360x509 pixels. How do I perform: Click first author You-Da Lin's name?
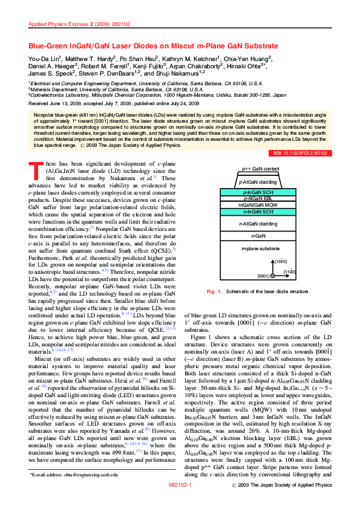[x=45, y=57]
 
